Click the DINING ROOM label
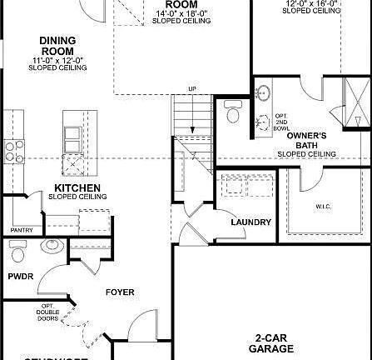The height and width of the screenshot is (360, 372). click(x=57, y=46)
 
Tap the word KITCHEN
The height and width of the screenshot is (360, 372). click(x=77, y=187)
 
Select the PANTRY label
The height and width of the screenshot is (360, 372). click(x=21, y=230)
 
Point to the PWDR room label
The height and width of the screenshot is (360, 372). click(x=21, y=276)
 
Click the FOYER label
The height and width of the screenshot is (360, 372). click(x=119, y=292)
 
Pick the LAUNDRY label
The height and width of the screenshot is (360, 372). click(x=250, y=222)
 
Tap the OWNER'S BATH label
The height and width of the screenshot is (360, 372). click(x=306, y=140)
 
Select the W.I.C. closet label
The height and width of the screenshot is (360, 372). click(x=324, y=206)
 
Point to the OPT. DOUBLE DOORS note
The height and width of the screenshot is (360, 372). click(x=47, y=312)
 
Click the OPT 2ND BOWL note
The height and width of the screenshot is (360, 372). click(x=280, y=122)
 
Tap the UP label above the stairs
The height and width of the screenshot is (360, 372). click(x=192, y=88)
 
